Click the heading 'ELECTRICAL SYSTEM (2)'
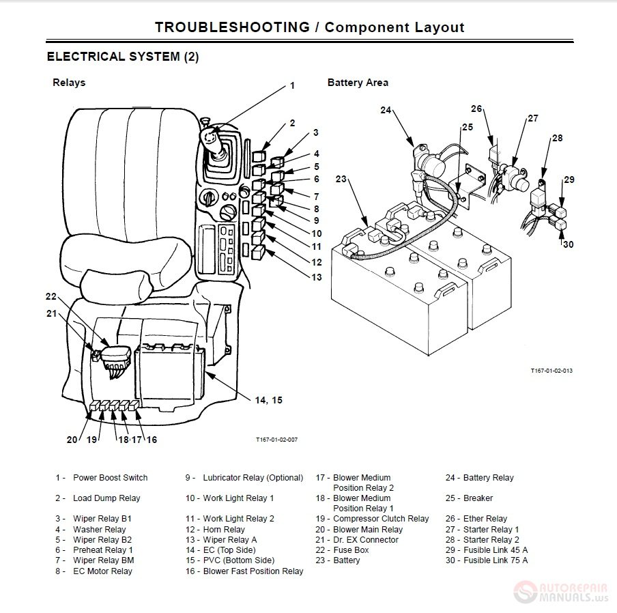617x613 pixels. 123,57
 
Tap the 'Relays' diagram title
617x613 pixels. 69,83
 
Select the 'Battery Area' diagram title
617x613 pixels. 358,83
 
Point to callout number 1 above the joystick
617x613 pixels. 292,86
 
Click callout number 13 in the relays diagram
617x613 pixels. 316,277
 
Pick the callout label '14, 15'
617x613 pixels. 268,400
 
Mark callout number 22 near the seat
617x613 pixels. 51,297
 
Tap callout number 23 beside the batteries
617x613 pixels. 341,180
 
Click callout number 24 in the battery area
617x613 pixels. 386,110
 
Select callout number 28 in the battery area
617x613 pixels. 557,138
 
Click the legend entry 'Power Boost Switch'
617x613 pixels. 110,478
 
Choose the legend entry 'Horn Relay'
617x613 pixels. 224,530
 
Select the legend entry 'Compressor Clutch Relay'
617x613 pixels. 381,519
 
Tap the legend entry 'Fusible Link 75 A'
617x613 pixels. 496,560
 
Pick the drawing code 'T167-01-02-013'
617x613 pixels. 551,371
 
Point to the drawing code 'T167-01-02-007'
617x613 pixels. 277,440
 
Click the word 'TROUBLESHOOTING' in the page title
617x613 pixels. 232,27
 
